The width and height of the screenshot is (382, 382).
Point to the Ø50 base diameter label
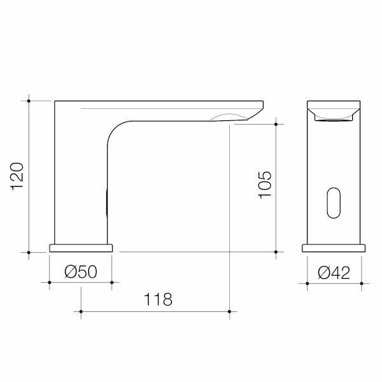point(81,272)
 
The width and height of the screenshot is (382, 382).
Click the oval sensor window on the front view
point(334,202)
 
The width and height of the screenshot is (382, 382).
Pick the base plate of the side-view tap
point(81,247)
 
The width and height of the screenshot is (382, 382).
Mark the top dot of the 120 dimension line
point(29,101)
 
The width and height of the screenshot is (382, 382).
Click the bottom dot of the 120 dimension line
point(29,252)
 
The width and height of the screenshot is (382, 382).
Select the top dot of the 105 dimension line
point(276,124)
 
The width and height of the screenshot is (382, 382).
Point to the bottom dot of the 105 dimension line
point(276,252)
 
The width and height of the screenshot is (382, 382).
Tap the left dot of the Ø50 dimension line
point(50,281)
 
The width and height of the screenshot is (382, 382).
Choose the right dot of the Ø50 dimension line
point(112,281)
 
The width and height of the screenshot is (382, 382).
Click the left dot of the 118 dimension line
point(81,310)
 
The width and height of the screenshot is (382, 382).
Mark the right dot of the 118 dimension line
point(230,310)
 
